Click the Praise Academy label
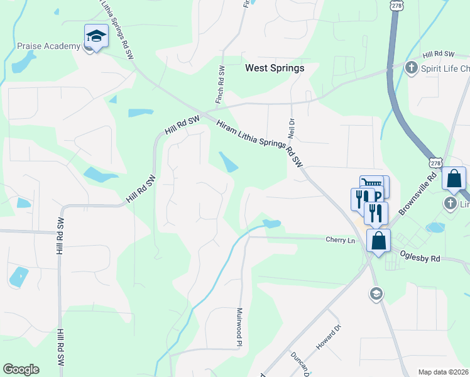coord(48,46)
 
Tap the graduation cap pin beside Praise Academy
coord(96,36)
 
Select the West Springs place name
coord(275,68)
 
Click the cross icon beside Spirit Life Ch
coord(412,67)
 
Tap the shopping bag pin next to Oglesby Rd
coord(379,241)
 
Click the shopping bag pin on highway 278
coord(454,179)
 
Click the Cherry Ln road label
coord(340,240)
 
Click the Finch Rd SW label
coord(220,85)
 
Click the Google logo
coord(21,369)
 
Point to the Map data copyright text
coord(444,372)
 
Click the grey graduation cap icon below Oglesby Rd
coord(376,293)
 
